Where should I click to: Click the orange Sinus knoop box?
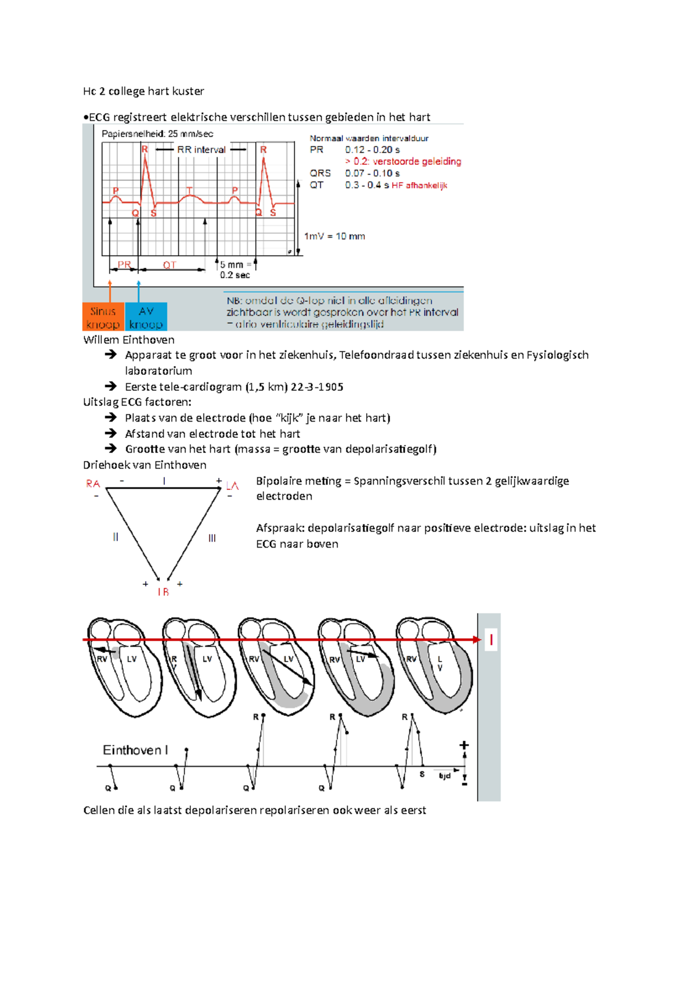103,317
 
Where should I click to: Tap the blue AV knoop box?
146,317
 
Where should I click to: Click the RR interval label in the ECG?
201,149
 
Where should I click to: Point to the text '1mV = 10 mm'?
334,236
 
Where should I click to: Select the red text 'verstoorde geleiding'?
416,161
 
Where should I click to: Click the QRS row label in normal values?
320,173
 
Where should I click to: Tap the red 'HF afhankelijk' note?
419,185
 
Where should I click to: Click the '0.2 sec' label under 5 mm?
235,275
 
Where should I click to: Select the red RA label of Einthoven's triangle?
93,483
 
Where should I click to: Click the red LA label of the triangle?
232,486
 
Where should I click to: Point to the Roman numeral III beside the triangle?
212,538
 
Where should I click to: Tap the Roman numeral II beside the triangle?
116,537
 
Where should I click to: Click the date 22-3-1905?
317,386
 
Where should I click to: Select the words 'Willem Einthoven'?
128,339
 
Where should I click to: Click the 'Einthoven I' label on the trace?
135,750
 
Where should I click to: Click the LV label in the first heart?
132,659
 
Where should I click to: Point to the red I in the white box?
491,640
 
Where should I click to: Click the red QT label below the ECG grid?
169,265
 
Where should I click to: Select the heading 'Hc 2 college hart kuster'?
143,91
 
